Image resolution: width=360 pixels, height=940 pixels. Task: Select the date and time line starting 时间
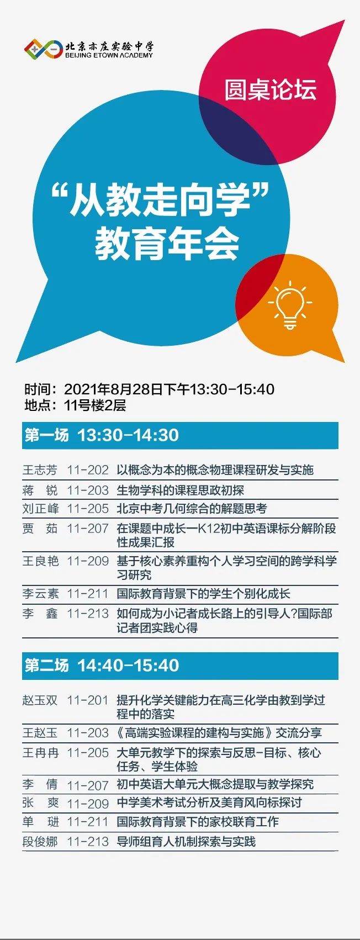150,389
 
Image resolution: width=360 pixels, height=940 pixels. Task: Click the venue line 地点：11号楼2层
75,405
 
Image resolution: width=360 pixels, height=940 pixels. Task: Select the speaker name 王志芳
40,470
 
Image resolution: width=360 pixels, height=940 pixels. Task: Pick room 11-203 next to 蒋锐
88,490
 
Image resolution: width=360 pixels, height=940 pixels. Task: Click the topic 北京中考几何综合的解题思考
192,509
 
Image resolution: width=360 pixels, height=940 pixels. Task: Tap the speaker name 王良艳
40,561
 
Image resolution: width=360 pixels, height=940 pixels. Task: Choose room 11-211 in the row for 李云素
88,594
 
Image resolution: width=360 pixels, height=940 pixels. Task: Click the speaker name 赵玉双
40,700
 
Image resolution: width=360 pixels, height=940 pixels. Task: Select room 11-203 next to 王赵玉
88,733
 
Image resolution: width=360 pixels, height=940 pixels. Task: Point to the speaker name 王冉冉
40,753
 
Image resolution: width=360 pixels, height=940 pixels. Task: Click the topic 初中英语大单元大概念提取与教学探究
215,784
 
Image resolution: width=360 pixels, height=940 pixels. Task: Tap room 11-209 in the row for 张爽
88,804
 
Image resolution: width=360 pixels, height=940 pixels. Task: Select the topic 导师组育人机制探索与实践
186,841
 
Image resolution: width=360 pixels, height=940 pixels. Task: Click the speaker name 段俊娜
40,841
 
